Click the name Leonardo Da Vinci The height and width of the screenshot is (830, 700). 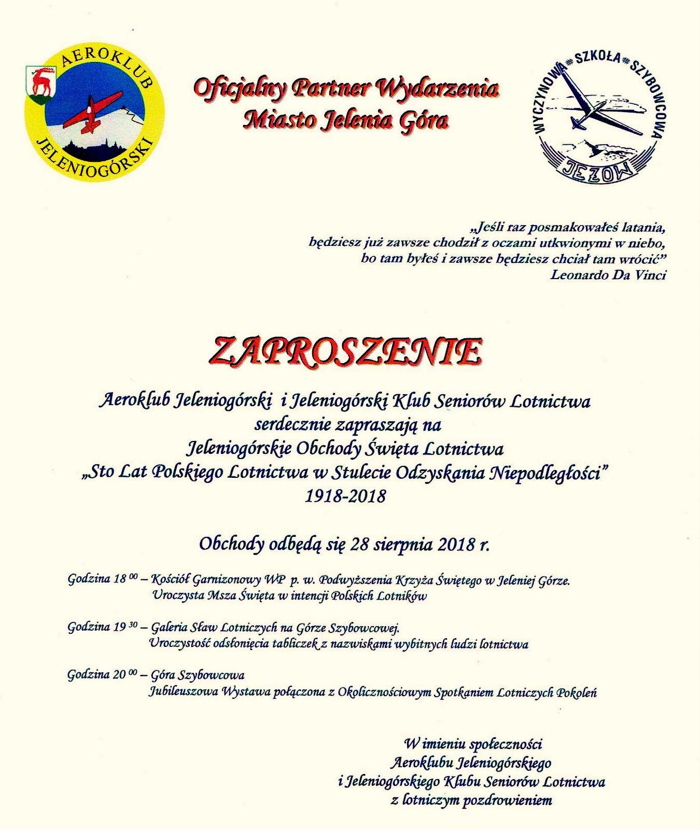(x=608, y=275)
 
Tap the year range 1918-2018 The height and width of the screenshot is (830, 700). (x=346, y=496)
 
